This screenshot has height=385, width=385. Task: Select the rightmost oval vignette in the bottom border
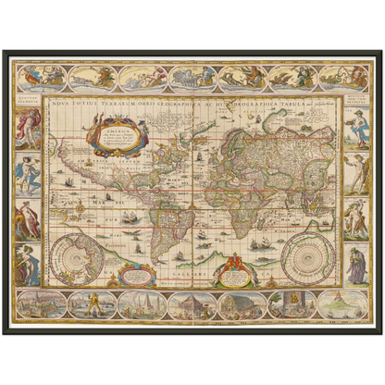coord(342,304)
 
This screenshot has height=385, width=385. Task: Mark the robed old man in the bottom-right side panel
coord(356,264)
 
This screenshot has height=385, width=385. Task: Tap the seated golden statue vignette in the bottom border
coord(292,304)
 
